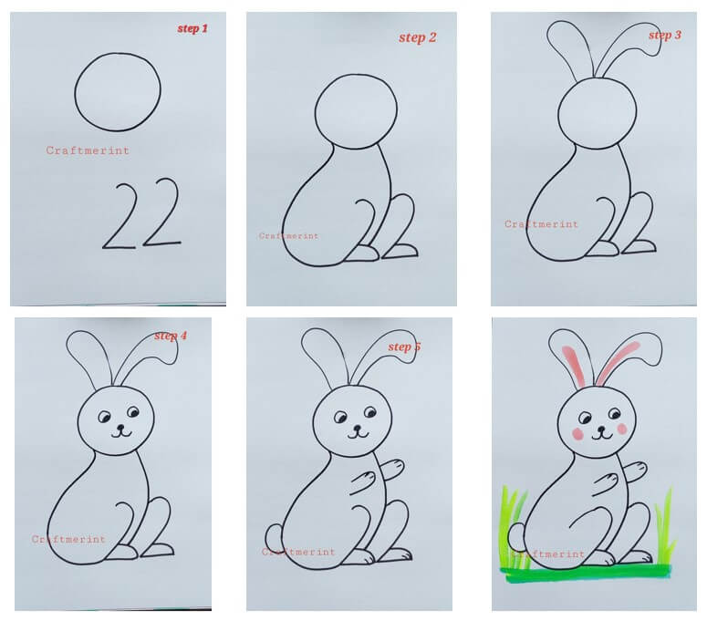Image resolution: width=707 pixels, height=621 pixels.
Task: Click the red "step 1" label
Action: pos(192,29)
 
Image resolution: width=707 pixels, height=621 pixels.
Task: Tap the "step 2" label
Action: pos(418,38)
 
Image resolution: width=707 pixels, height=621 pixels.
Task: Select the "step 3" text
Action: pos(665,36)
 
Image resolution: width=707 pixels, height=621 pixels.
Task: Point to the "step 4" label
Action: pos(171,336)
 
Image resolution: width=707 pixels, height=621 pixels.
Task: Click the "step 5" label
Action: pos(404,347)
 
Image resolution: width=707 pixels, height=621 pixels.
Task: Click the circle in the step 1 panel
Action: pos(76,92)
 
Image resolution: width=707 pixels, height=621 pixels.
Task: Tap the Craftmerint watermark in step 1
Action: pos(88,150)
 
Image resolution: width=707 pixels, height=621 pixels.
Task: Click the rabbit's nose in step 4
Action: pos(120,427)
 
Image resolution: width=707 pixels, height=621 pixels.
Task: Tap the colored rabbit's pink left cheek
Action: pos(577,434)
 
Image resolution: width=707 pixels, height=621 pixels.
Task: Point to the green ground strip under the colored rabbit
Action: pos(587,574)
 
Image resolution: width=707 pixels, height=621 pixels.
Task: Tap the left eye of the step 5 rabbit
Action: pos(340,418)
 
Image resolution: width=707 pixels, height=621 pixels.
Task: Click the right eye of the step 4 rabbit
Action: pos(133,412)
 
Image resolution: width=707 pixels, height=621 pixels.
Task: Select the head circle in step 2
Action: pos(315,112)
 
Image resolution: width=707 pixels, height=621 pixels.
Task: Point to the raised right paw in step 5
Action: pos(392,469)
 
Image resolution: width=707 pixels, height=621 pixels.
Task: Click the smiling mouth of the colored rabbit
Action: pos(602,435)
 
